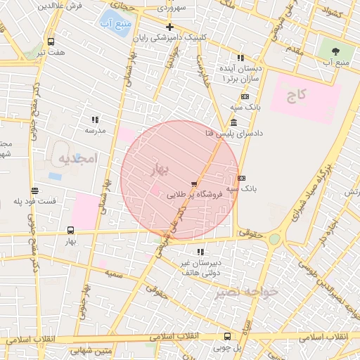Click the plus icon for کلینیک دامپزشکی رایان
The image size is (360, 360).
coord(169,27)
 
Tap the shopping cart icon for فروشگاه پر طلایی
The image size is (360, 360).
coord(194,184)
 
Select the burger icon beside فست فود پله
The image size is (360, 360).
coord(34,191)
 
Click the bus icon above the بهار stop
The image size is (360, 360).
coord(70,230)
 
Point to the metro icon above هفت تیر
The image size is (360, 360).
coord(51,41)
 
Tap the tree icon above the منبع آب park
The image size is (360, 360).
coord(334,51)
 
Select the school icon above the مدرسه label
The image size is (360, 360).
coord(96,120)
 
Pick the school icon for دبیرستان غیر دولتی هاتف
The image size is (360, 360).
coord(201,251)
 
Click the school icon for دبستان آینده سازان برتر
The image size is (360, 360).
coord(240,58)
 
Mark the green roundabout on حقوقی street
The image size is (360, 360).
coord(274,240)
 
